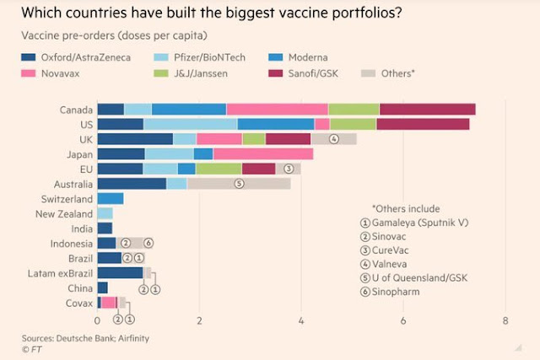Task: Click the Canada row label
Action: pyautogui.click(x=76, y=110)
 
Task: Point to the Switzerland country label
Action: pyautogui.click(x=67, y=199)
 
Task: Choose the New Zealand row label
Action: pyautogui.click(x=64, y=213)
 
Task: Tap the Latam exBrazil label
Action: pyautogui.click(x=62, y=273)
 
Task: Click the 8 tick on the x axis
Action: pyautogui.click(x=505, y=320)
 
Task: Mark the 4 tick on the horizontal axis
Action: pyautogui.click(x=301, y=320)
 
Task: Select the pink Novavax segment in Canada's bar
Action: pyautogui.click(x=277, y=110)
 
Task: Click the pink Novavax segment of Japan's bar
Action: pyautogui.click(x=263, y=153)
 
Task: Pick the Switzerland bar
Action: pyautogui.click(x=111, y=199)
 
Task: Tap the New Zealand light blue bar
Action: pyautogui.click(x=105, y=213)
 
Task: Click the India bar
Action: pyautogui.click(x=105, y=228)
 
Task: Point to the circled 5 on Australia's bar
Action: pyautogui.click(x=239, y=183)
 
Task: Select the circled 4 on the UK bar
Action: pyautogui.click(x=334, y=139)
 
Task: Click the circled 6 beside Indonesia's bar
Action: pyautogui.click(x=148, y=243)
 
